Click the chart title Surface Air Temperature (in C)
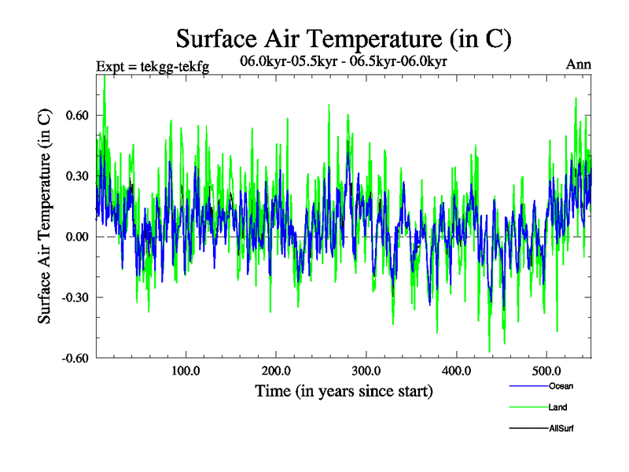(344, 38)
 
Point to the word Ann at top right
(578, 64)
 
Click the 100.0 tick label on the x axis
(186, 371)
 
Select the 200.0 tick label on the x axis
(276, 371)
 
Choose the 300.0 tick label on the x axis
(366, 371)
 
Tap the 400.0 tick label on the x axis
(457, 371)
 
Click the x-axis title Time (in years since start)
(344, 391)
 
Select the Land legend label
(557, 407)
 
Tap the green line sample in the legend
(526, 407)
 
